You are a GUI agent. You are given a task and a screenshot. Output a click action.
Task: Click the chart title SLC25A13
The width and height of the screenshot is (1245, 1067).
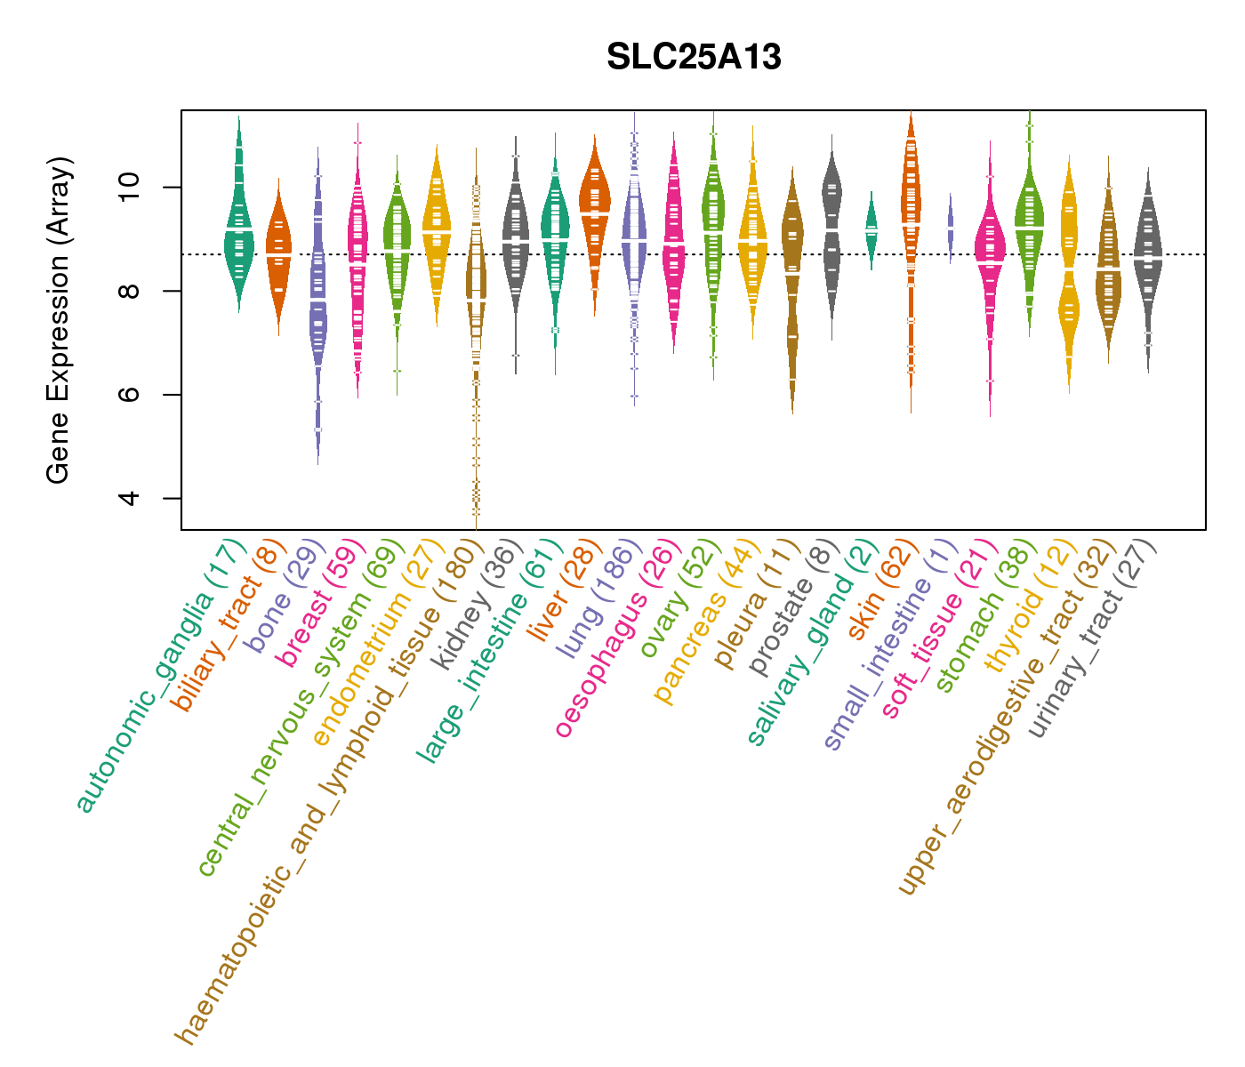click(x=694, y=58)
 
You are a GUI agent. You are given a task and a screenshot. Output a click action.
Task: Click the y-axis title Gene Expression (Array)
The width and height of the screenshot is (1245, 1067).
click(x=59, y=320)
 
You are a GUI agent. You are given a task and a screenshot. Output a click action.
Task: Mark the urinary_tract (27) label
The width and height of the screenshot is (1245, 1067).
click(x=1094, y=640)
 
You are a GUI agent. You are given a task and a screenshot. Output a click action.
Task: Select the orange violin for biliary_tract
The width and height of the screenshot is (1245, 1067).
click(x=278, y=258)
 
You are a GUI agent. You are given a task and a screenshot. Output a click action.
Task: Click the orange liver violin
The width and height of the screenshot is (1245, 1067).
click(x=594, y=209)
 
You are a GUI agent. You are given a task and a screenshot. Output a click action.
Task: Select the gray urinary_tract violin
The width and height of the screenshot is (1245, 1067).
click(x=1148, y=258)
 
